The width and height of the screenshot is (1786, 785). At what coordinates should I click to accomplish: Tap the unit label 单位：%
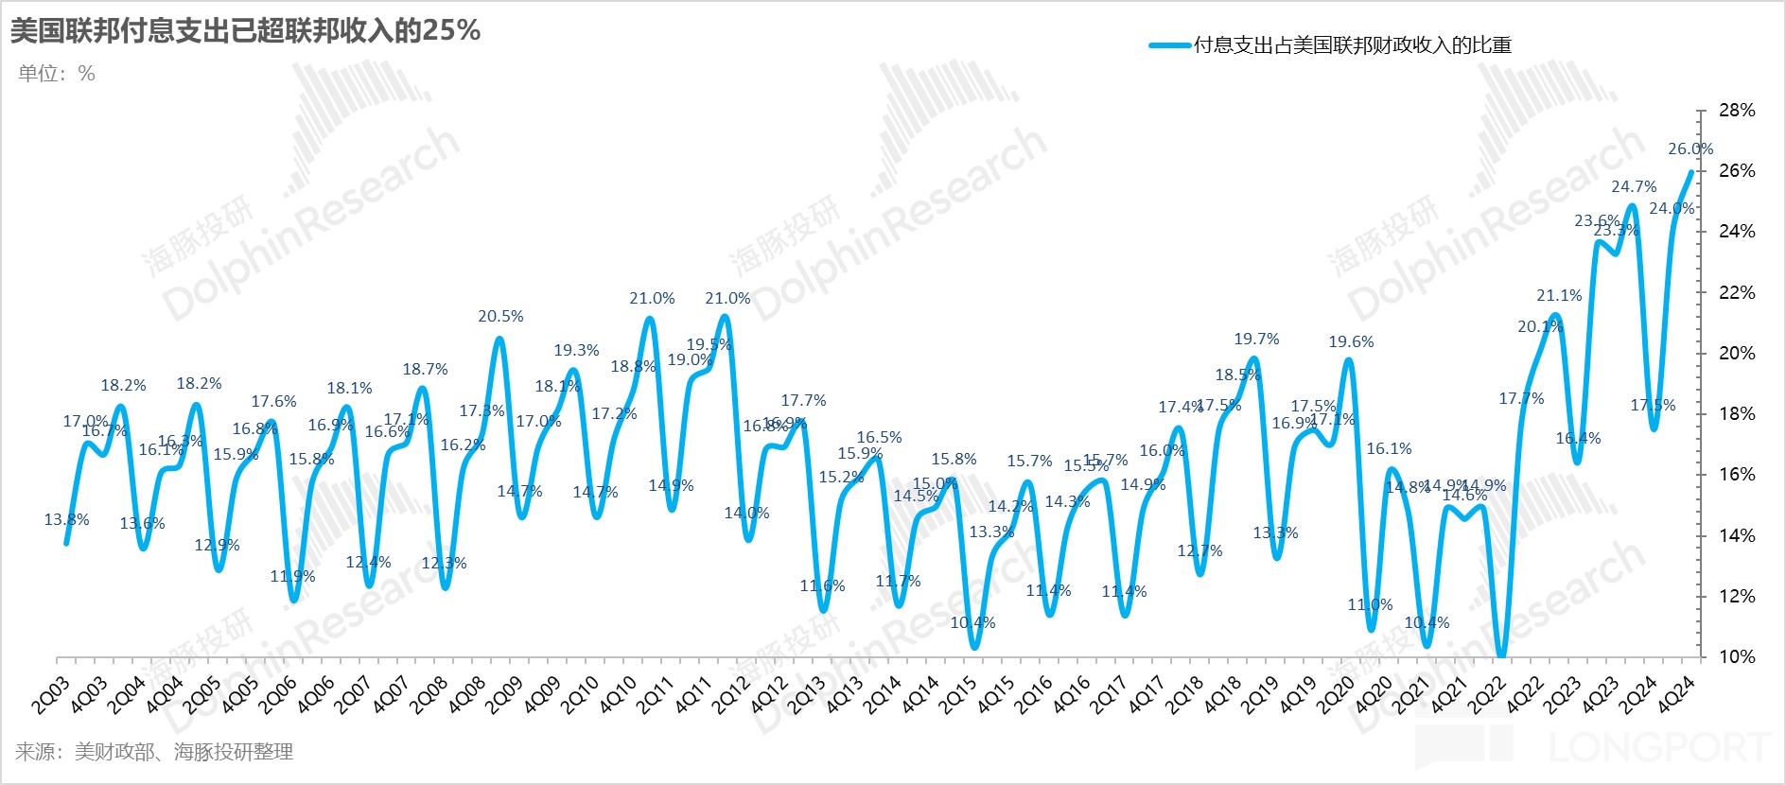(57, 74)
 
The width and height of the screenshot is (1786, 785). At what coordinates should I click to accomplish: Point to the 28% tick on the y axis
(1736, 111)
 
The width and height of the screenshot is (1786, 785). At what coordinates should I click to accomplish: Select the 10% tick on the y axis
(1736, 656)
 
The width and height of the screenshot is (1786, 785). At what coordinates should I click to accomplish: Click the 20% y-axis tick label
(1736, 353)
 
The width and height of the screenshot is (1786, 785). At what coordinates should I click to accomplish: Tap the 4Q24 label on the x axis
(1677, 695)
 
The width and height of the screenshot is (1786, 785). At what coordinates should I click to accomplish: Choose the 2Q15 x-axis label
(958, 695)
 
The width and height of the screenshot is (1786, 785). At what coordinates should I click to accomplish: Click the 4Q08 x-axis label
(466, 695)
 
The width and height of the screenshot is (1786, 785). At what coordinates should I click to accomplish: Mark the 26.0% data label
(1690, 149)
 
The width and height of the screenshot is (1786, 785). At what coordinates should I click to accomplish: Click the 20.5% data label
(500, 317)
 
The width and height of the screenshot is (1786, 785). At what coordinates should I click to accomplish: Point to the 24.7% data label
(1634, 187)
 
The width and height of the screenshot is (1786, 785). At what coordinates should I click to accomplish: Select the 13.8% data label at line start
(66, 520)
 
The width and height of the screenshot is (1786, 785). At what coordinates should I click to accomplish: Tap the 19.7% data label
(1256, 340)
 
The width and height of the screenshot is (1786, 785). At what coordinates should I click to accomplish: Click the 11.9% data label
(292, 577)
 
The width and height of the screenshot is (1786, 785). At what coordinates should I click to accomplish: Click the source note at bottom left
(154, 752)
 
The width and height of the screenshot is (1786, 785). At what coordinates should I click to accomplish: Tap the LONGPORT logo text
(1660, 748)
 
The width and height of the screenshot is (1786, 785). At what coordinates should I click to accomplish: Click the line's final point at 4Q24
(1690, 172)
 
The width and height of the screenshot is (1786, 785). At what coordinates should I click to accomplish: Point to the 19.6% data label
(1351, 342)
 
